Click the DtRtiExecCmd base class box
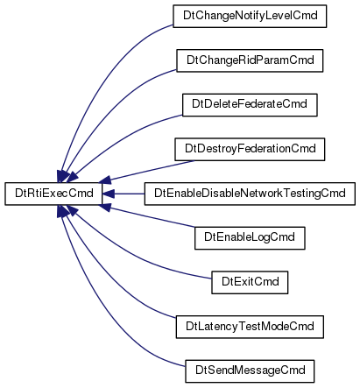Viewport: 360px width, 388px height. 53,194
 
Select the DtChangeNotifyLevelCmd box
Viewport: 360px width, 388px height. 250,16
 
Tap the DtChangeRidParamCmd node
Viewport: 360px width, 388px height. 250,60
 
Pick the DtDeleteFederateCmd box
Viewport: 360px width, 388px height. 250,105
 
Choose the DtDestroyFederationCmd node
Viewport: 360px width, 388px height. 250,149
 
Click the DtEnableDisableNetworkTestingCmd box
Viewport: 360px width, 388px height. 250,194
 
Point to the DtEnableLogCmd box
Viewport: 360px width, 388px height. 250,238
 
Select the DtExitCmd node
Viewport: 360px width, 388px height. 250,282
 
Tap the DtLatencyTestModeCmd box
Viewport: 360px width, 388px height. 250,327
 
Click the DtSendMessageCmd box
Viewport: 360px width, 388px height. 250,371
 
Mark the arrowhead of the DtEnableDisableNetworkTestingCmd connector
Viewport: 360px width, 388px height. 109,194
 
